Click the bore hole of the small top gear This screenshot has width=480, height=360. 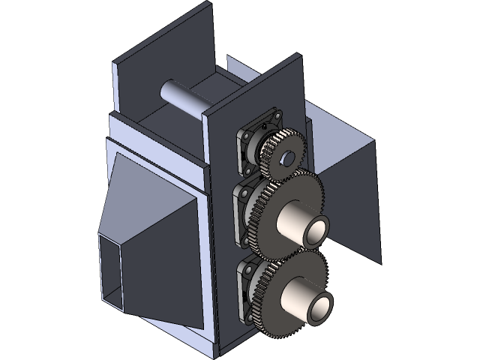[286, 158]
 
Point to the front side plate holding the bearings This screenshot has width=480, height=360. [219, 225]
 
